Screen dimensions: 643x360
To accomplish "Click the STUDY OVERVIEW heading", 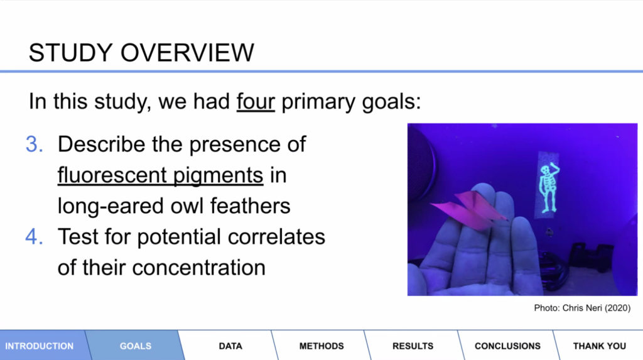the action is pyautogui.click(x=141, y=53).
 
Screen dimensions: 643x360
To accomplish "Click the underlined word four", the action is pyautogui.click(x=256, y=101).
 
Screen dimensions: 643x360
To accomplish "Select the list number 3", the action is pyautogui.click(x=34, y=145).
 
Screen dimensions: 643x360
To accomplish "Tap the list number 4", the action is pyautogui.click(x=34, y=237).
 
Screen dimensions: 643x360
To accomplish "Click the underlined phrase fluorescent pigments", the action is pyautogui.click(x=160, y=176).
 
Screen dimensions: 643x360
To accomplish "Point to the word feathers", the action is pyautogui.click(x=250, y=205).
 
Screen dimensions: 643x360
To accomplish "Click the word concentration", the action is pyautogui.click(x=198, y=268).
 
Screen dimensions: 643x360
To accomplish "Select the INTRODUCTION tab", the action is pyautogui.click(x=40, y=346).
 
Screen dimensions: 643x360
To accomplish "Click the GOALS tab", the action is pyautogui.click(x=136, y=346).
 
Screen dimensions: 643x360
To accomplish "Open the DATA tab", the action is pyautogui.click(x=230, y=346).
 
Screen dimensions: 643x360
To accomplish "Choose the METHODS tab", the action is pyautogui.click(x=321, y=346).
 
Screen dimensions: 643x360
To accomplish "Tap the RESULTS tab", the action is pyautogui.click(x=413, y=346).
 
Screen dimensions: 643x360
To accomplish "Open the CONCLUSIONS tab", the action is pyautogui.click(x=507, y=346).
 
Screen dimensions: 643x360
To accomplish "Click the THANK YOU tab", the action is pyautogui.click(x=599, y=346).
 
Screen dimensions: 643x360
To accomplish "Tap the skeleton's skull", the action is pyautogui.click(x=545, y=170).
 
